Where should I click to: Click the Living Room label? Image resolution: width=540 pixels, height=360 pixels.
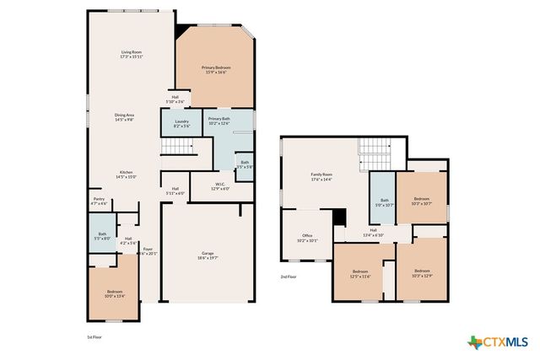click(131, 55)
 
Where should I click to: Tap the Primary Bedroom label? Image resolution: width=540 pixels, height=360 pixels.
click(216, 69)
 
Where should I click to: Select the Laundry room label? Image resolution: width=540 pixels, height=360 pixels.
click(181, 123)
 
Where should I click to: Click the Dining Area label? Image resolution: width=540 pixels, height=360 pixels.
click(131, 117)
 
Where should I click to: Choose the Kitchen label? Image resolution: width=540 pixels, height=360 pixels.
click(126, 175)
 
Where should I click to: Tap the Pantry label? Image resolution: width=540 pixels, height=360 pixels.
click(100, 201)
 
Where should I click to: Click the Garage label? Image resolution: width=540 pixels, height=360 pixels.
click(208, 255)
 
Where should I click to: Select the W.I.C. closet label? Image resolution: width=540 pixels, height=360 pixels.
click(219, 186)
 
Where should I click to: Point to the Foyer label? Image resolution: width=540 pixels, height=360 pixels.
click(147, 251)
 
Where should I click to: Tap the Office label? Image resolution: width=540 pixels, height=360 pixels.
click(307, 239)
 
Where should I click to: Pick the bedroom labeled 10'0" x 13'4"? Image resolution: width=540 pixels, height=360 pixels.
click(115, 293)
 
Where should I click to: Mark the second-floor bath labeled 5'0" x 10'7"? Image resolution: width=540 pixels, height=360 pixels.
click(384, 201)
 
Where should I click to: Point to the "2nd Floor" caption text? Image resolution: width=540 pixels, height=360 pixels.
click(289, 276)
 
